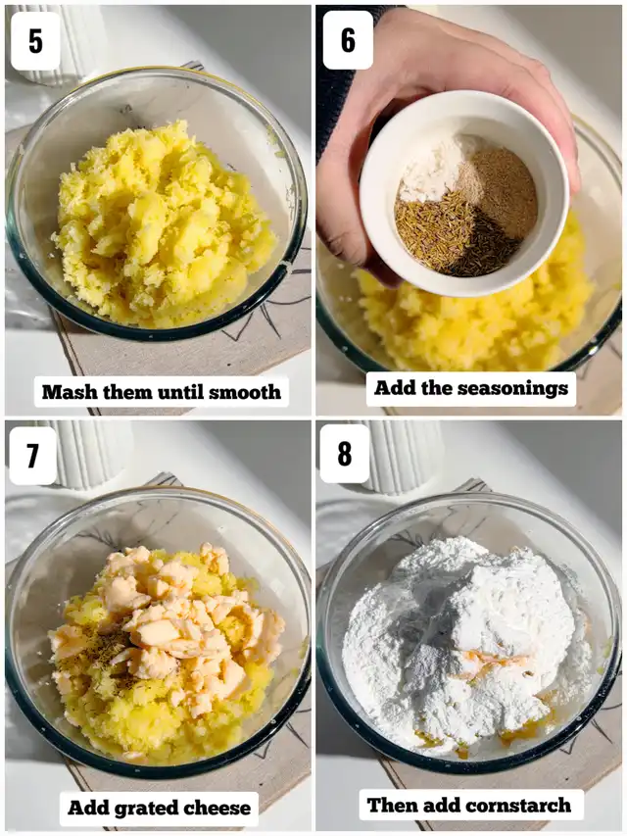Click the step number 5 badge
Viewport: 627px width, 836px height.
pos(35,41)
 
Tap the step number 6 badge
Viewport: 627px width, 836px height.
pos(348,40)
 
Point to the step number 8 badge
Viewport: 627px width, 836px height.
pos(345,453)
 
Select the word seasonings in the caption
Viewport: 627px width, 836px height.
pos(513,388)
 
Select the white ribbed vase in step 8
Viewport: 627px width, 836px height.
pos(406,456)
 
